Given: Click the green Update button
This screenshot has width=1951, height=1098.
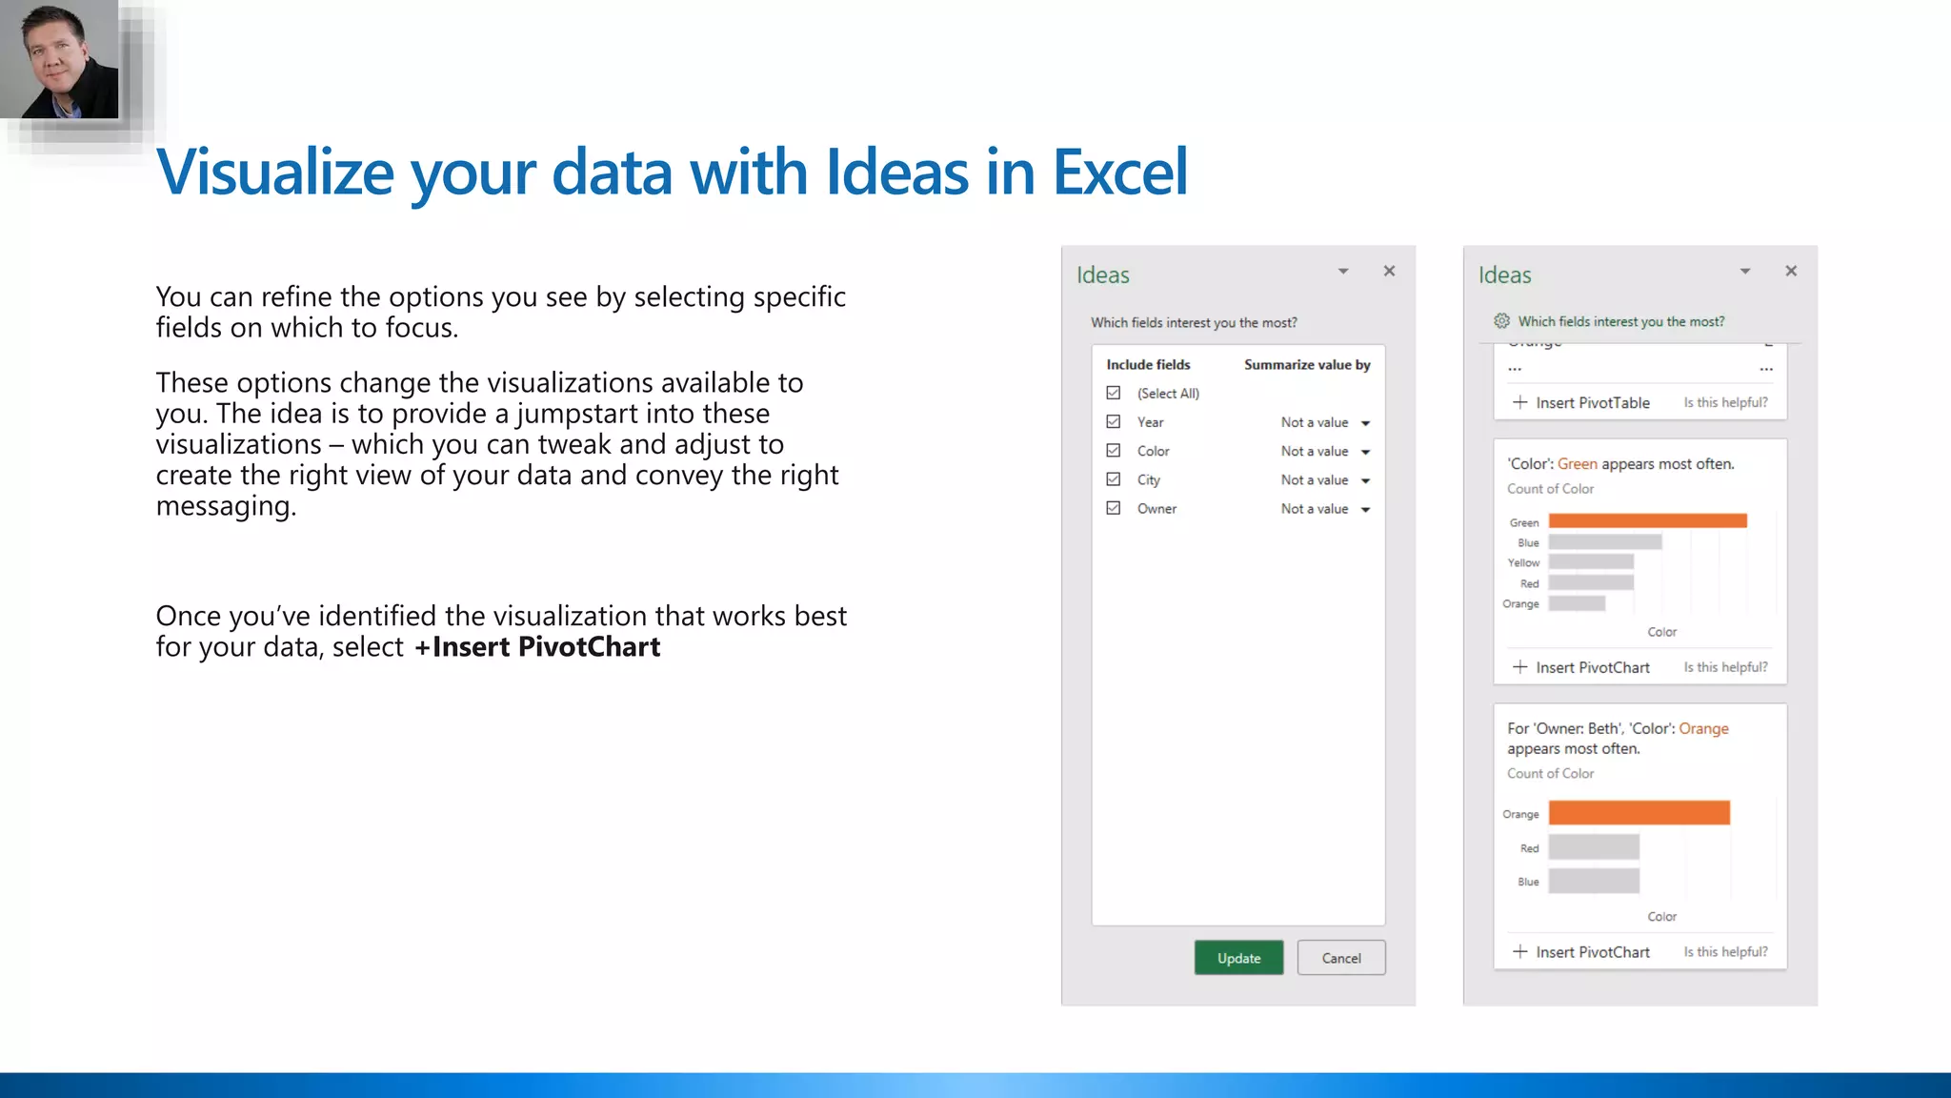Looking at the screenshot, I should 1238,958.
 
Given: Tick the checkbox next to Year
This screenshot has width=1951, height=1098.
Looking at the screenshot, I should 1114,421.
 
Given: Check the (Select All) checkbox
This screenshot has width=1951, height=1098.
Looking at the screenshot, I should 1114,393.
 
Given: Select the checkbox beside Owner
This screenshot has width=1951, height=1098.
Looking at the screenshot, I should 1114,508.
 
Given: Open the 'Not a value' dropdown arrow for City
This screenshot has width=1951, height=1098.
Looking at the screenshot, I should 1365,480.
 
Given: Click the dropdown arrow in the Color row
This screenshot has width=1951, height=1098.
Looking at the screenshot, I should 1365,452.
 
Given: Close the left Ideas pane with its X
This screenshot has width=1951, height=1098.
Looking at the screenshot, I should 1389,271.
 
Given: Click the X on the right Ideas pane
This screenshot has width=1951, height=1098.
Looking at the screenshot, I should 1791,271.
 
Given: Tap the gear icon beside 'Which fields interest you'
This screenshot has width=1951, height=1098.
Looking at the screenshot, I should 1502,321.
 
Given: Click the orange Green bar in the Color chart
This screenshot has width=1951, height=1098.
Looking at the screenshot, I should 1647,520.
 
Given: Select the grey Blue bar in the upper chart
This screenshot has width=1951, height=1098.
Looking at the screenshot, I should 1605,541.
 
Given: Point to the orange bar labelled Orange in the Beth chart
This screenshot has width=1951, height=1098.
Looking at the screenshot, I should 1639,812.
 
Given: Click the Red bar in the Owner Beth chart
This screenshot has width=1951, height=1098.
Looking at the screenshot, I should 1594,846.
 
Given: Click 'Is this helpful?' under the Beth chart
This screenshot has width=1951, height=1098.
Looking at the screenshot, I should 1725,951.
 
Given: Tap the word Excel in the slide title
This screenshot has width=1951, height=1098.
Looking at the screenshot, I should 1120,173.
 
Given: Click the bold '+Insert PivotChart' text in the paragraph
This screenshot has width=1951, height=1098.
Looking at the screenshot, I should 537,647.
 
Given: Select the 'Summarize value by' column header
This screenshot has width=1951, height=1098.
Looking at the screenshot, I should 1307,364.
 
